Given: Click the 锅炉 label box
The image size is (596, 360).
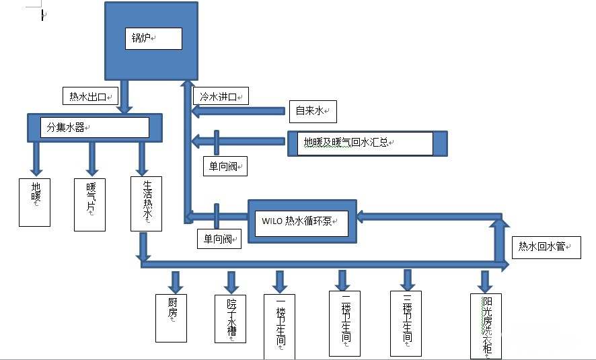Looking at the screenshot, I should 153,38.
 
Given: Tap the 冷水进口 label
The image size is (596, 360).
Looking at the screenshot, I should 220,96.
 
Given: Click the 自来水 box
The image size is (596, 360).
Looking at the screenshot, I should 312,111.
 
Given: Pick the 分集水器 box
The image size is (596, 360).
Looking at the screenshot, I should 94,127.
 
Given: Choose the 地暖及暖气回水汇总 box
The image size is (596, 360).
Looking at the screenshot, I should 360,143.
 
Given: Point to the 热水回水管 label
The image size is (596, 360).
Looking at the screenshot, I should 546,248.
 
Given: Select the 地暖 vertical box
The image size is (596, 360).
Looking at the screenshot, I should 35,201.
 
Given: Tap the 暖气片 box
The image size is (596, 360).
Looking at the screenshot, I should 89,204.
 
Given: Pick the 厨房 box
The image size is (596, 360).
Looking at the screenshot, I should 171,317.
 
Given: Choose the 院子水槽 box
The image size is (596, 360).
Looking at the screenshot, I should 231,318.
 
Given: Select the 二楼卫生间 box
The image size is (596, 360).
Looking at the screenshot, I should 344,323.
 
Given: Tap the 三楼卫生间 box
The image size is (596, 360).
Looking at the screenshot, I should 406,323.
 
